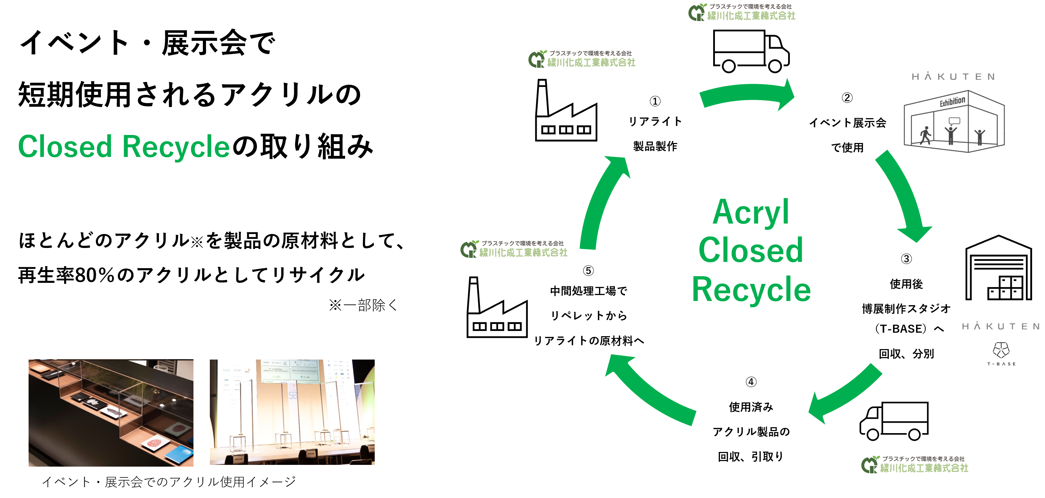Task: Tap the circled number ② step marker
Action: coord(847,98)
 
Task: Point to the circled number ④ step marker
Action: coord(751,382)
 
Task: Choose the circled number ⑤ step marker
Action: coord(588,271)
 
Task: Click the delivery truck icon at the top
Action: coord(751,51)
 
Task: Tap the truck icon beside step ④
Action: coord(894,421)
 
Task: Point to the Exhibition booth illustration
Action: coord(954,122)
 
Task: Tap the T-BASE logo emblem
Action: coord(1001,350)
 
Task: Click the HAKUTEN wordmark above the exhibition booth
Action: coord(953,77)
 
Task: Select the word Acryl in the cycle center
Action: coord(750,212)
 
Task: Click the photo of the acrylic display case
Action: coord(111,412)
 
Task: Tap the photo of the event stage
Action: coord(292,412)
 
